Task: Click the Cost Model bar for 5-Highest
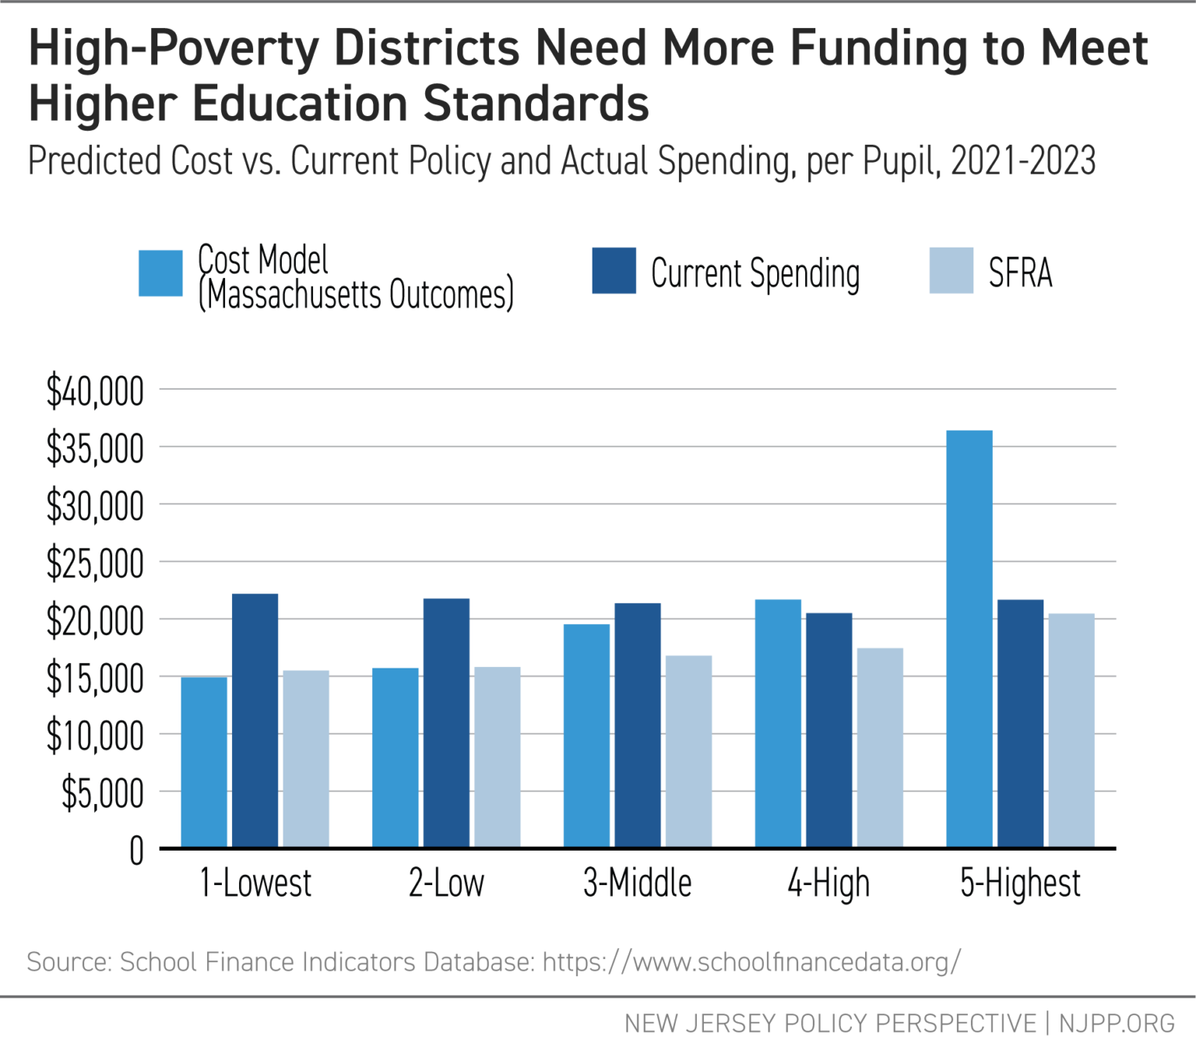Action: pos(969,639)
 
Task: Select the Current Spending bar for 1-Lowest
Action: pos(255,721)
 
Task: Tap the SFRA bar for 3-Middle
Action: pos(688,751)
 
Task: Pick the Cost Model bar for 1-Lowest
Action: pos(204,762)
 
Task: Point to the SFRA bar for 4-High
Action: pos(880,748)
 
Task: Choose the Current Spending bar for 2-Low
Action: pos(446,723)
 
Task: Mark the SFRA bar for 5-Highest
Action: pos(1071,731)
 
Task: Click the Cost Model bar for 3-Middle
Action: pos(586,736)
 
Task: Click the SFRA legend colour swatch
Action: pos(951,271)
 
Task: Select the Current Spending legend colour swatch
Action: pos(614,271)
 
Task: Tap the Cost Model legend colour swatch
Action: pos(160,273)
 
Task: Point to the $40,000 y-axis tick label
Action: pos(95,391)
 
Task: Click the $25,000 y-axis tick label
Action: pos(95,563)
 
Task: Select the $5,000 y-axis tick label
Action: pos(103,793)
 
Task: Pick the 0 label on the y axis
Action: pos(136,851)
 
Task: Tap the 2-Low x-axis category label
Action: pos(446,883)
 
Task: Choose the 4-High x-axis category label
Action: pos(828,883)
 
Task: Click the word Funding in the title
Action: pos(878,48)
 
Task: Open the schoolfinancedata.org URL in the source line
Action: pos(751,962)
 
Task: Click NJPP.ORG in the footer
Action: pos(1117,1023)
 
